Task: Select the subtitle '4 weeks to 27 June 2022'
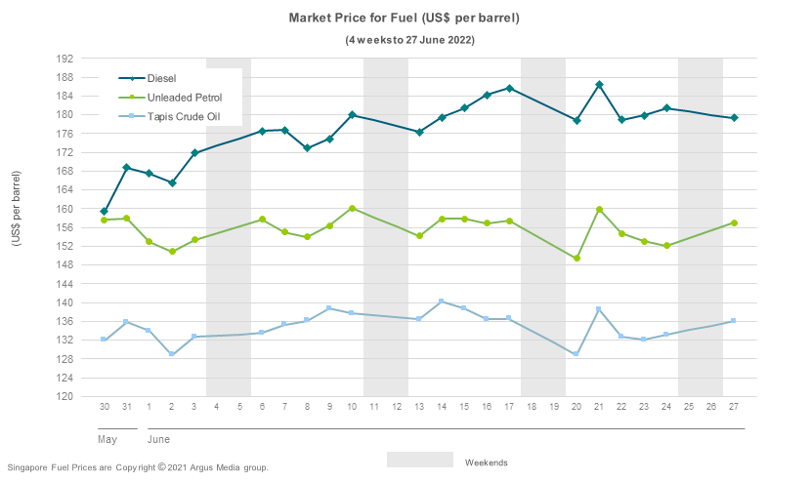(x=410, y=40)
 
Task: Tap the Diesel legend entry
(x=161, y=78)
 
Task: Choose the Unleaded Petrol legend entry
(x=184, y=98)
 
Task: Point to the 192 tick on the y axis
(x=66, y=59)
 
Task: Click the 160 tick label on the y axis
(x=66, y=209)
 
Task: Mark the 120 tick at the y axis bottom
(x=66, y=397)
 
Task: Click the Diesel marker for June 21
(x=599, y=85)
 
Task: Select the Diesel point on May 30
(x=104, y=212)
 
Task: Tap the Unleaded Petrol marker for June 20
(x=576, y=259)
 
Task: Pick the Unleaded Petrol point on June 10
(x=352, y=209)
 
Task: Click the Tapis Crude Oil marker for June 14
(x=442, y=301)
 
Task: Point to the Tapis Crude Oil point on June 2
(x=172, y=354)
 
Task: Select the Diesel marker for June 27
(x=734, y=118)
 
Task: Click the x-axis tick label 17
(x=509, y=406)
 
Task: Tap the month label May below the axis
(x=107, y=440)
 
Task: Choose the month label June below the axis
(x=158, y=440)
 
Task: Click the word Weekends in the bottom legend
(x=486, y=462)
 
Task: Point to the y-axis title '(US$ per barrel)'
(x=17, y=221)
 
